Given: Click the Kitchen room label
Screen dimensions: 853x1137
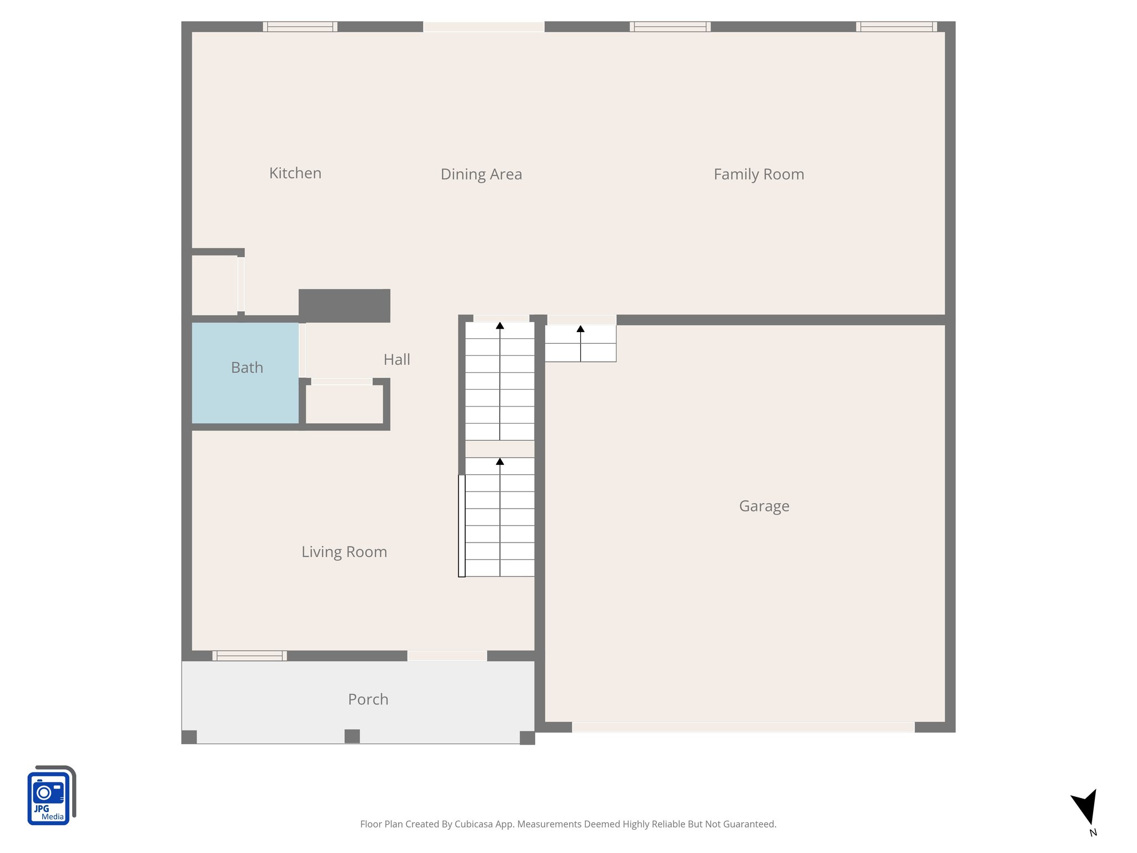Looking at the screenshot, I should (295, 173).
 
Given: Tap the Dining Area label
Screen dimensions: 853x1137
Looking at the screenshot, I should (481, 174).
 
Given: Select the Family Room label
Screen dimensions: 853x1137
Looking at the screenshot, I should (758, 174).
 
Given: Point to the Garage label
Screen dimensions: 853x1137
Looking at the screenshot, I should (764, 506).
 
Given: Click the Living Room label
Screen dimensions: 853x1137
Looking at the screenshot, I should (344, 552).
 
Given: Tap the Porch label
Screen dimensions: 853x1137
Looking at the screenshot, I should (368, 699).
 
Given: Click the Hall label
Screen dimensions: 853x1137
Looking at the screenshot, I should (396, 360).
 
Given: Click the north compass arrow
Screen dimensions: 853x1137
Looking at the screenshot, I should (1085, 807).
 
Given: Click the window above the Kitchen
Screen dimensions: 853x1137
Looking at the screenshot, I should (300, 27).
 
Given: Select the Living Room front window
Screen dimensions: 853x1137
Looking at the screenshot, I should (249, 656).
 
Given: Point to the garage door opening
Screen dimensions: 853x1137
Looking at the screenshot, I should (743, 727).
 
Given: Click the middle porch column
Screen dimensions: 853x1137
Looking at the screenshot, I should (352, 736).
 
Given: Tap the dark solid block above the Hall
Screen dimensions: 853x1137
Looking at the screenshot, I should (344, 305).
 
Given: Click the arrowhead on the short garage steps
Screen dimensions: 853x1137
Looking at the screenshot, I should (580, 329).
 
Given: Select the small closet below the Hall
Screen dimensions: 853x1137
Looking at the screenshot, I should (344, 404).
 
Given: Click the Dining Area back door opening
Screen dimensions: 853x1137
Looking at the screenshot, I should (484, 27).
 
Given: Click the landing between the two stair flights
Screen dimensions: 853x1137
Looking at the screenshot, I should (500, 449).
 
